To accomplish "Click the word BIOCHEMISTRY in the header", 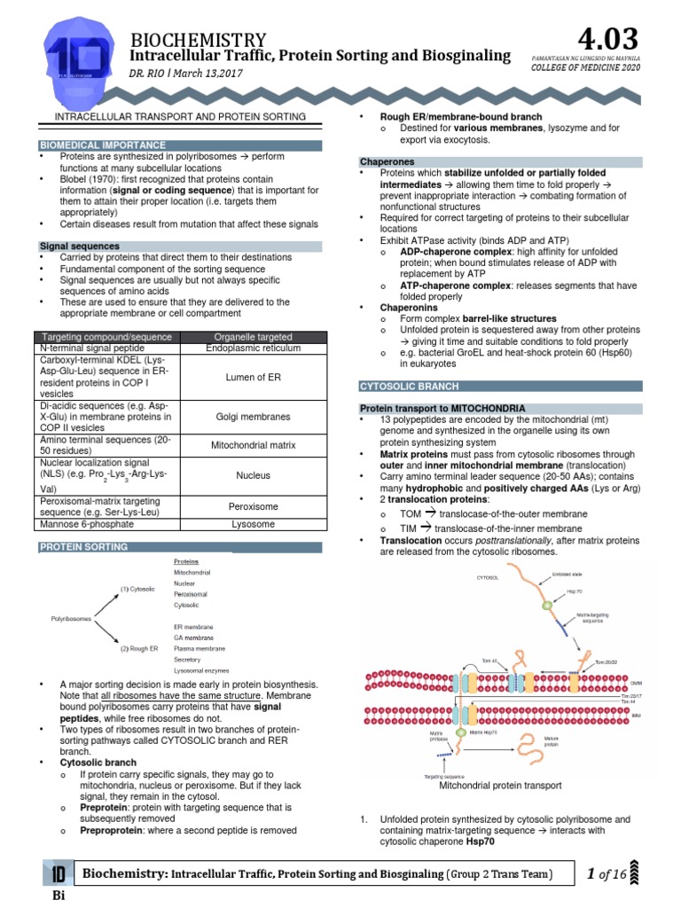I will point(198,39).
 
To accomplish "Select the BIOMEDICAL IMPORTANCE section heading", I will point(103,145).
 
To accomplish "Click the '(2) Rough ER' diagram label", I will point(139,648).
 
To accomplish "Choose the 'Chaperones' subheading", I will point(387,161).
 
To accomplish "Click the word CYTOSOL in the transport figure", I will point(488,577).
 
